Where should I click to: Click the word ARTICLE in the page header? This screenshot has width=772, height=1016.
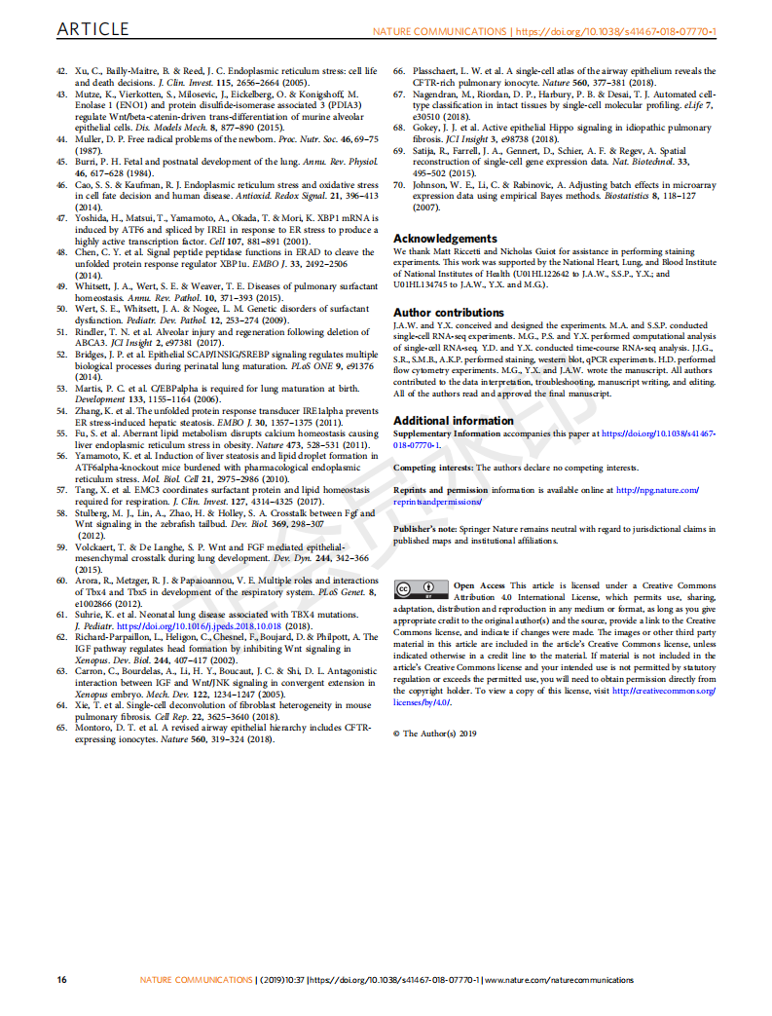94,31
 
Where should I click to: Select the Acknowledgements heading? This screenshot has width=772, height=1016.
445,239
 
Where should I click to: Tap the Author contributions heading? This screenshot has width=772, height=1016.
449,313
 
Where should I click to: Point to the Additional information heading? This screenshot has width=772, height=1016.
453,421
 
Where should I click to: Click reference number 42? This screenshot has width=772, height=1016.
61,71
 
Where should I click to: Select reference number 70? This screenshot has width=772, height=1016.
399,185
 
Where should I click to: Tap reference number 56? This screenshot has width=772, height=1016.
61,456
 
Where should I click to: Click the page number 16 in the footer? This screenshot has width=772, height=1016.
61,979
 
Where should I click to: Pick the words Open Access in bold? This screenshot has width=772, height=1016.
479,586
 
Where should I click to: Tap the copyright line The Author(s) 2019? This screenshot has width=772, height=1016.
441,734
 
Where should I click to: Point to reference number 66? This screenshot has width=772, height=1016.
399,71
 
